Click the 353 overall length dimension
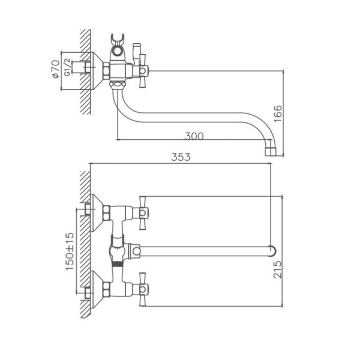181,157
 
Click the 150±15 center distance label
70,250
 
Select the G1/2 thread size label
67,70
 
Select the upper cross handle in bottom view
143,212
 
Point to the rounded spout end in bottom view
273,251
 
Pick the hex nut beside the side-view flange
106,71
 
